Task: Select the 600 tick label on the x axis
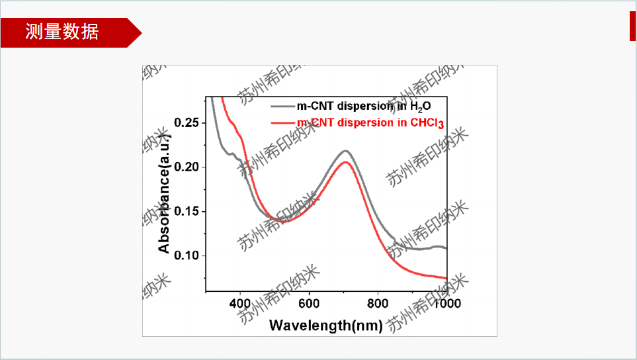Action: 309,304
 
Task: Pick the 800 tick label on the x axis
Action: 378,304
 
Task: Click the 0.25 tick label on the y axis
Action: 186,123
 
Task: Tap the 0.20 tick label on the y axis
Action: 186,167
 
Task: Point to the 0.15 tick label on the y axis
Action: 186,212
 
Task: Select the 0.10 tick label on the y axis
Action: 186,256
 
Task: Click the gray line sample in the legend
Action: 282,105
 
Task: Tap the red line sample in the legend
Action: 282,122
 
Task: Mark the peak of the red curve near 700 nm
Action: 345,162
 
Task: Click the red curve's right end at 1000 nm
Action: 446,278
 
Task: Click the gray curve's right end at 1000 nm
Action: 446,248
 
